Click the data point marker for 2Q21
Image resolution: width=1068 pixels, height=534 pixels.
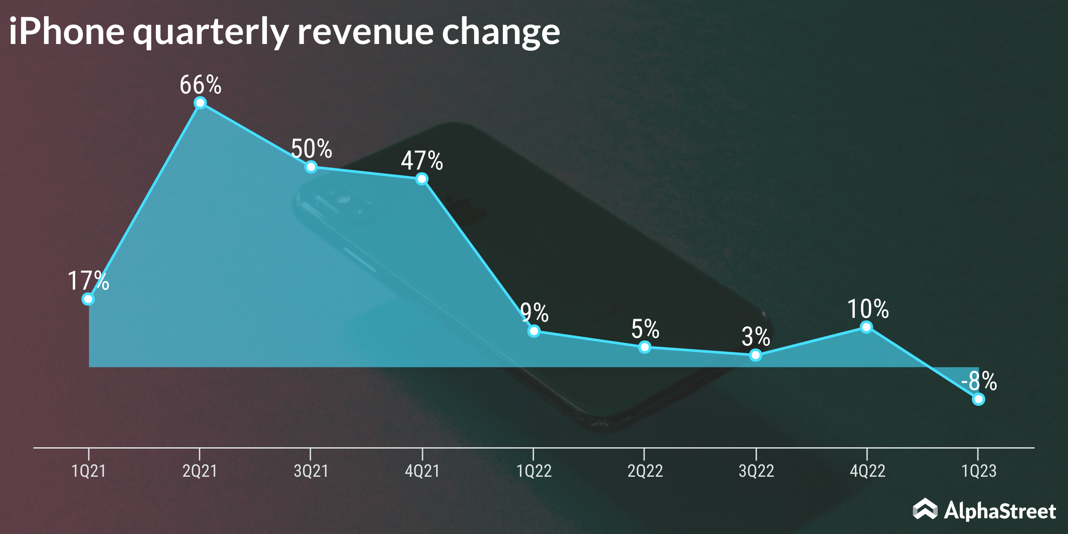point(200,103)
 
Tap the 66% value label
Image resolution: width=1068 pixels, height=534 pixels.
point(200,85)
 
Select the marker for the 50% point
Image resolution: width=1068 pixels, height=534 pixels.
point(311,167)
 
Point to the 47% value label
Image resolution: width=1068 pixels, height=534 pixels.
point(422,161)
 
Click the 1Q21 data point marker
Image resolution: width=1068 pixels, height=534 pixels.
point(88,299)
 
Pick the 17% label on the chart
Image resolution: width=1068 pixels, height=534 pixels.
point(88,281)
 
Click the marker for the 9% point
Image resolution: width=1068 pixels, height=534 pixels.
point(534,331)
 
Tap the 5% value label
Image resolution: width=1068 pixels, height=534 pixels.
point(645,329)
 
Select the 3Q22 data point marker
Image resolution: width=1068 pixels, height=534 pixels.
point(755,355)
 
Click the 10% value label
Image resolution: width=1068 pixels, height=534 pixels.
point(868,309)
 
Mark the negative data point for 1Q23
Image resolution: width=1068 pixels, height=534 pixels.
point(978,399)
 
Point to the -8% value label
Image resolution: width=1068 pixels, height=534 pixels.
point(979,381)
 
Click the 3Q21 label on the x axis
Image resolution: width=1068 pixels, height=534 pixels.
point(311,471)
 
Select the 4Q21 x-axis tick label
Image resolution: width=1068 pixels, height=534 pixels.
point(422,471)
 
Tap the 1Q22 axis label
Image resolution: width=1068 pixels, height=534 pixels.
point(534,471)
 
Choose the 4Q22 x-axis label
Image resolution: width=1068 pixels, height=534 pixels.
point(867,471)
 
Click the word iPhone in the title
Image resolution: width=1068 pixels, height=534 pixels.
point(66,32)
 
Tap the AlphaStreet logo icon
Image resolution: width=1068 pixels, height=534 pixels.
point(925,509)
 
